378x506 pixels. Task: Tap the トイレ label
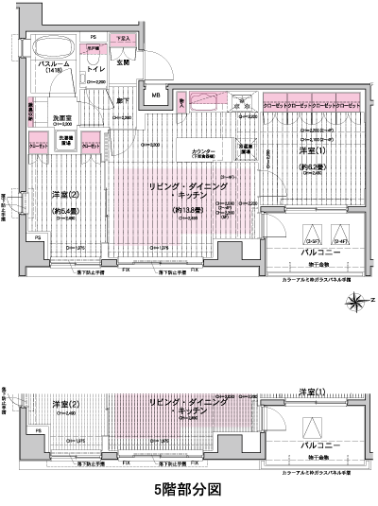(94, 69)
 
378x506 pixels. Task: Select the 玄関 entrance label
(123, 62)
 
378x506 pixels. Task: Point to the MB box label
(155, 96)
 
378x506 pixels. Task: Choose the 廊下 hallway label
(124, 99)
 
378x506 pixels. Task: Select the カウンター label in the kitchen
(204, 150)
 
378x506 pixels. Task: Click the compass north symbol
(356, 302)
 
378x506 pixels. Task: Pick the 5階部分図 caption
(188, 490)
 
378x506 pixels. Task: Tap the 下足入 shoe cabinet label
(122, 39)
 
